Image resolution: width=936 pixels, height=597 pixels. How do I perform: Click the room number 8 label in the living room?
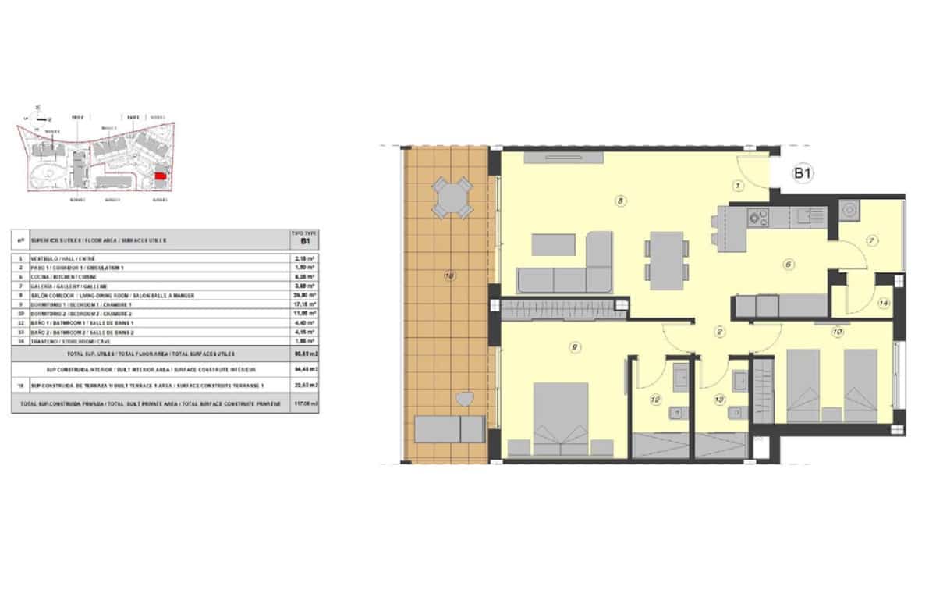coord(620,201)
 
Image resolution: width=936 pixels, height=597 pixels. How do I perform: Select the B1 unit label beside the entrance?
coord(803,174)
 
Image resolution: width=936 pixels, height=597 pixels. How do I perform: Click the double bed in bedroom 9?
coord(560,418)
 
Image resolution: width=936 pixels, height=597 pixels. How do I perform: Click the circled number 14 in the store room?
coord(883,304)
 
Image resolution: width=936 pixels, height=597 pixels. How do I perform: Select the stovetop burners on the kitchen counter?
coord(757,216)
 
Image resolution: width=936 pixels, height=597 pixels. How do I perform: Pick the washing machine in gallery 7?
coord(849,210)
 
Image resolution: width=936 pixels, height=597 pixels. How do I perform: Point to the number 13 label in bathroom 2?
coord(719,400)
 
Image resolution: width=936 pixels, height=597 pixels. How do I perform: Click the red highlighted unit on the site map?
coord(159,178)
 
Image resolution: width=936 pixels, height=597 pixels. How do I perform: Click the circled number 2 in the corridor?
coord(721,331)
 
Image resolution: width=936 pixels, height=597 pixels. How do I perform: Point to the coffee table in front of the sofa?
coord(553,244)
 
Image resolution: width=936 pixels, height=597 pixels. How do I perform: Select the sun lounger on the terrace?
coord(449,428)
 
